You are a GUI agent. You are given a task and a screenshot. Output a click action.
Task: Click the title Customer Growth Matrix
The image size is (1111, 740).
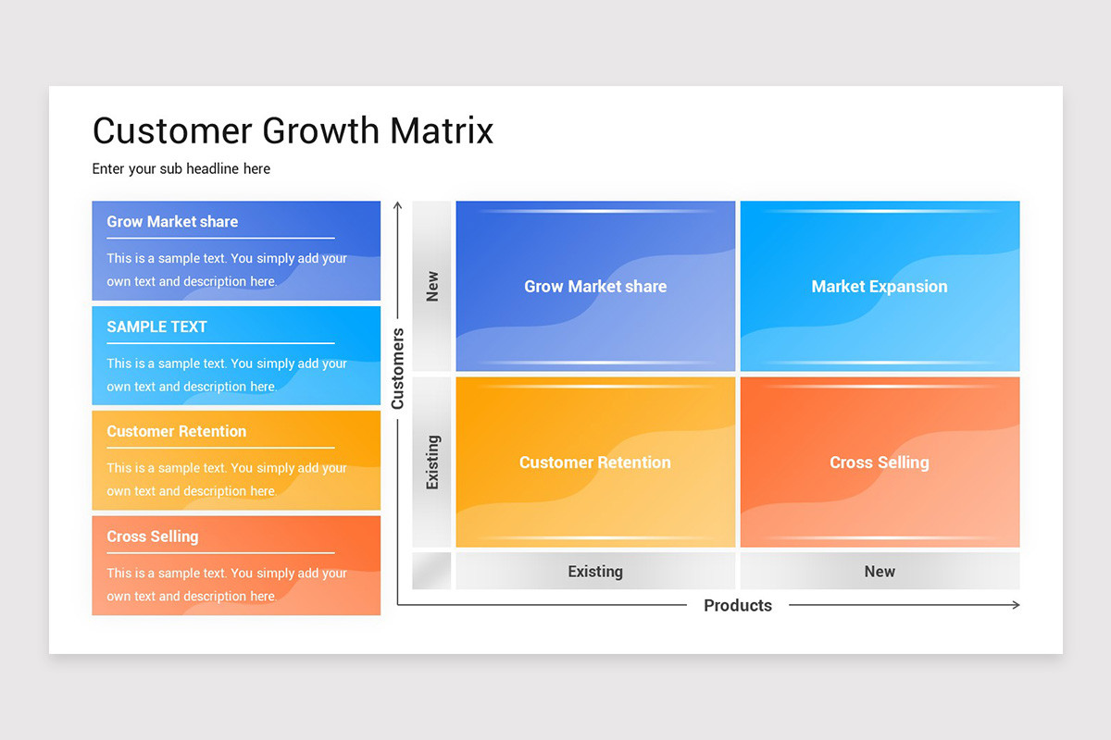tap(293, 130)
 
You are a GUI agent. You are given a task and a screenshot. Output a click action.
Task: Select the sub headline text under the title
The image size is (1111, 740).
tap(181, 169)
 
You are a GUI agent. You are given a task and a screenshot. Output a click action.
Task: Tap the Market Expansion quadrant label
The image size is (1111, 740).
tap(879, 287)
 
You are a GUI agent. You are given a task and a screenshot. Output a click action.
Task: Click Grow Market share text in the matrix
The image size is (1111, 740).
tap(595, 287)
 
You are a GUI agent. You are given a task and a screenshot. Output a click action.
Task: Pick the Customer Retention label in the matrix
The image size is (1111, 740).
tap(595, 462)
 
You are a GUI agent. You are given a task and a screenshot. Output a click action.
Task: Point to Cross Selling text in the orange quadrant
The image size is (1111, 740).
tap(879, 462)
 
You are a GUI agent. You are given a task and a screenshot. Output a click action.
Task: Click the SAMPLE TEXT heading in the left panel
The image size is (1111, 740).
tap(156, 327)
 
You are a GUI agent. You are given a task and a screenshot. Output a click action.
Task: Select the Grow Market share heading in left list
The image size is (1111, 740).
tap(172, 222)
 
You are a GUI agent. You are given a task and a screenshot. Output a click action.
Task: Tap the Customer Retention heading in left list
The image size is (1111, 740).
tap(176, 431)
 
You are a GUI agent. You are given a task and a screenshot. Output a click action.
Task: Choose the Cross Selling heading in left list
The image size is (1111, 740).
tap(152, 536)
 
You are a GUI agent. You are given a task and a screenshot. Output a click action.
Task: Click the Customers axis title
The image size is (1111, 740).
tap(398, 368)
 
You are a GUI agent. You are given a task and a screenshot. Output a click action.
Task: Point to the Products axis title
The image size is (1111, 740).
tap(737, 606)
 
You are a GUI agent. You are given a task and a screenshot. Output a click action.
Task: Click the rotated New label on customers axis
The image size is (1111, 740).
tap(432, 286)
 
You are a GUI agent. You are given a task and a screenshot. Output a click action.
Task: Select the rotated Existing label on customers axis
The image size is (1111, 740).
tap(432, 462)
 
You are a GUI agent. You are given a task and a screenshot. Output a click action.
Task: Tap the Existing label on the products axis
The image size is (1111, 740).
tap(595, 572)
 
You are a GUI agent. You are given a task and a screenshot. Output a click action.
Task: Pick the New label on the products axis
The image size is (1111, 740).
tap(879, 572)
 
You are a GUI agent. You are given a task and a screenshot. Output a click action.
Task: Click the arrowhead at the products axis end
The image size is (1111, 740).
tap(1016, 605)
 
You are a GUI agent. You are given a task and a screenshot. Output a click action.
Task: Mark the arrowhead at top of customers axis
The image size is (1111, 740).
tap(398, 205)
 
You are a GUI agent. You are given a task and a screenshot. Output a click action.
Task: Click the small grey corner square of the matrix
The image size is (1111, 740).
tap(431, 571)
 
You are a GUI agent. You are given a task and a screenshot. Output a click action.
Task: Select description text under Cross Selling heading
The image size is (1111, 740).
tap(227, 585)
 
